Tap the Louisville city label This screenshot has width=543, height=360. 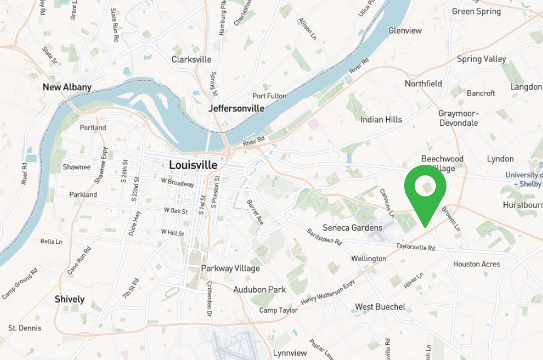coord(193,165)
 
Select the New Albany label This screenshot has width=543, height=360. coord(67,87)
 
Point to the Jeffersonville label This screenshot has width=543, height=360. coord(236,108)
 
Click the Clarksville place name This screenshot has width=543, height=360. coord(191,59)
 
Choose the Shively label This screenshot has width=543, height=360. coord(69,299)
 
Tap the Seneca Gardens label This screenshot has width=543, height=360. coord(352,228)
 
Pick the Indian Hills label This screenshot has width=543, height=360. coord(382,120)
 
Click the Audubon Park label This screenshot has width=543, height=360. coord(260,289)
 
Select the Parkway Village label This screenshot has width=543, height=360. coord(230,268)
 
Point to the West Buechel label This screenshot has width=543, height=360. coord(380,307)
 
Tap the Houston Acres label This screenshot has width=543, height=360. coord(476,264)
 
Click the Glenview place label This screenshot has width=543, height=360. coord(405,30)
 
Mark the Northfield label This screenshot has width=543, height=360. coord(423,84)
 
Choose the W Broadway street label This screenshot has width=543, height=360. coord(177,183)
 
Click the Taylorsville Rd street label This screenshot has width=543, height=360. coord(415,247)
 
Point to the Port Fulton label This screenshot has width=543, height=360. coord(269,96)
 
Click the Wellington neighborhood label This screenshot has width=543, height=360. coord(369,258)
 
